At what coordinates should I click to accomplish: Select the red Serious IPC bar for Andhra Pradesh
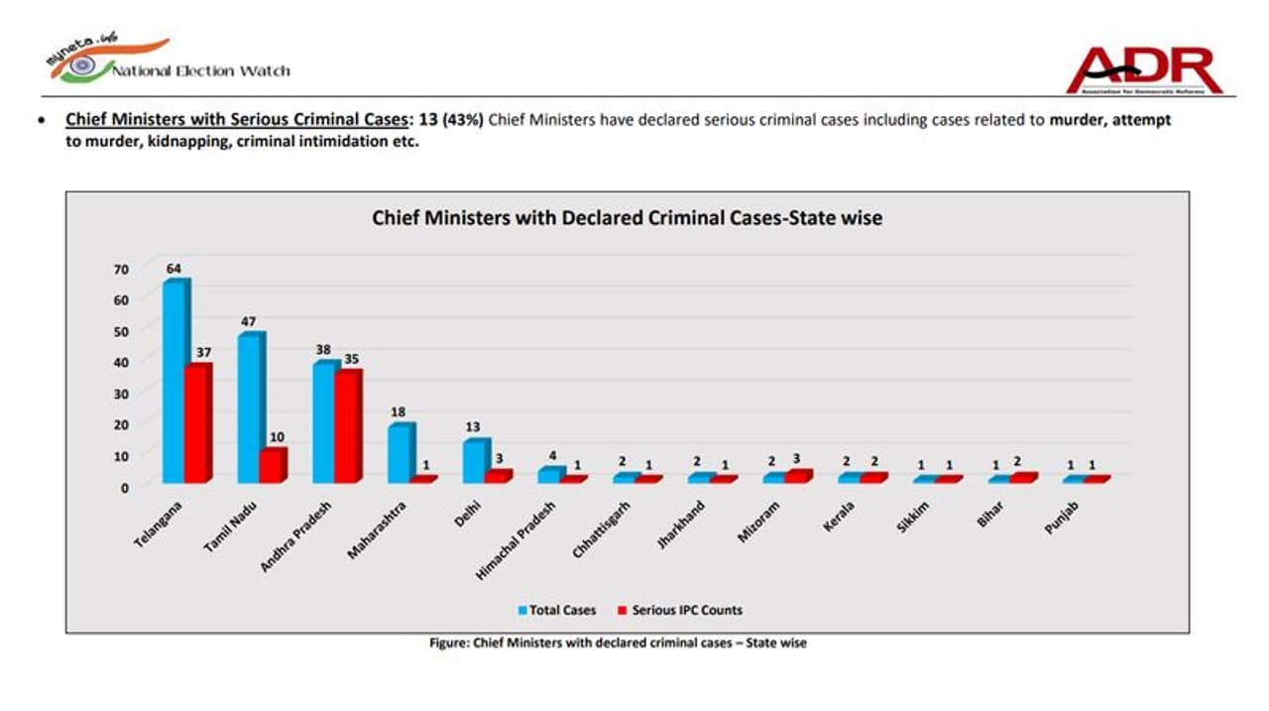(348, 426)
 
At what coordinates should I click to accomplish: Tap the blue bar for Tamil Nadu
(249, 409)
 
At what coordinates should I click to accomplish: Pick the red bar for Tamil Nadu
(272, 465)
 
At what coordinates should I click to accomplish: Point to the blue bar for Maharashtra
(399, 453)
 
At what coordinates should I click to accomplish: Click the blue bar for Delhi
(473, 461)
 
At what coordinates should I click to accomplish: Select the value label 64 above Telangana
(174, 268)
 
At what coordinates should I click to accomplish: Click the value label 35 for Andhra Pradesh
(350, 359)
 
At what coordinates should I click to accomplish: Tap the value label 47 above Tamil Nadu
(249, 321)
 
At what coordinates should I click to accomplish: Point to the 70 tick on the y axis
(121, 269)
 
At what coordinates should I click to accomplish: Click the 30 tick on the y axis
(121, 394)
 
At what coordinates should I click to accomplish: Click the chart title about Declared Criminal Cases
(627, 217)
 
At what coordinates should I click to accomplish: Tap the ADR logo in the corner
(1144, 69)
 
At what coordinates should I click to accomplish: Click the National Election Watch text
(201, 70)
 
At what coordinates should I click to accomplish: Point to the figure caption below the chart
(618, 643)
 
